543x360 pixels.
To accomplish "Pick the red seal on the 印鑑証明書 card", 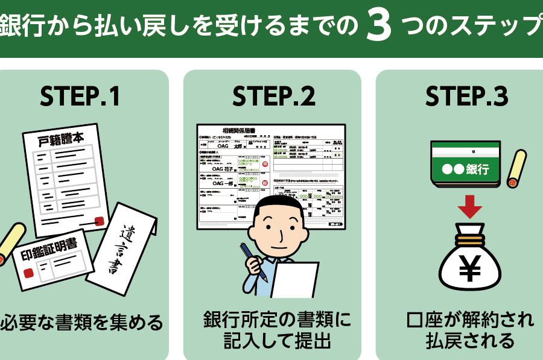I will [x=28, y=273].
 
